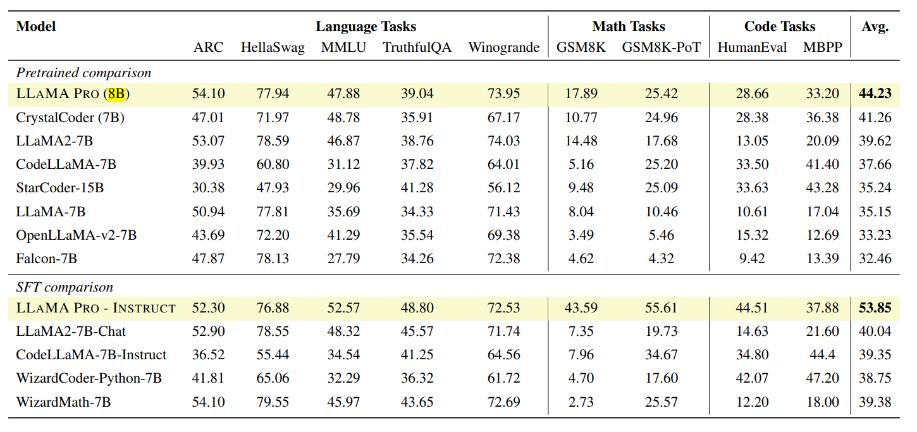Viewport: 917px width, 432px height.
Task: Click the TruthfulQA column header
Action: point(417,48)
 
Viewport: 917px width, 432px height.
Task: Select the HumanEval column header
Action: point(752,48)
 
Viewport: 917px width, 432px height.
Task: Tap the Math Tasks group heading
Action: point(629,27)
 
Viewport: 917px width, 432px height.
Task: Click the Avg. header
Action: point(875,27)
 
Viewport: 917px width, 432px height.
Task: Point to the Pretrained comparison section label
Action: point(83,73)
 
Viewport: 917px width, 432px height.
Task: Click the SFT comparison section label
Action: point(65,287)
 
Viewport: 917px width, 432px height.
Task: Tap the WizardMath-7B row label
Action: point(63,401)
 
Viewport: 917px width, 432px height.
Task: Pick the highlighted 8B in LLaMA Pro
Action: point(116,94)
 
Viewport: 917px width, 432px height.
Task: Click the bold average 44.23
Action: point(875,94)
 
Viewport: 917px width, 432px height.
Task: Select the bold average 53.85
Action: point(875,308)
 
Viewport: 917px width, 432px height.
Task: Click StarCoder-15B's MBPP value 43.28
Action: point(823,188)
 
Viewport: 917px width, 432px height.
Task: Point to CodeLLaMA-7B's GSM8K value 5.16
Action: point(581,164)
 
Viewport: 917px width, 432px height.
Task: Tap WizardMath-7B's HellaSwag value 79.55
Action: point(273,401)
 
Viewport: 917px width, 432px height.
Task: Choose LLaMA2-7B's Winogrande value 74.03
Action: point(503,140)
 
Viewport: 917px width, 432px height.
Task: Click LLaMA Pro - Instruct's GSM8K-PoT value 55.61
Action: point(661,308)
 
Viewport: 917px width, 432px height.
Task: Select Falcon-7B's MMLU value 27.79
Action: point(343,259)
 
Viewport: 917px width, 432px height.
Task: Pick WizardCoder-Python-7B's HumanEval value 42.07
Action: point(752,378)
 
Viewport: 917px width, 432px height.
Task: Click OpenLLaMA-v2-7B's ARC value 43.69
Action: point(208,235)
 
